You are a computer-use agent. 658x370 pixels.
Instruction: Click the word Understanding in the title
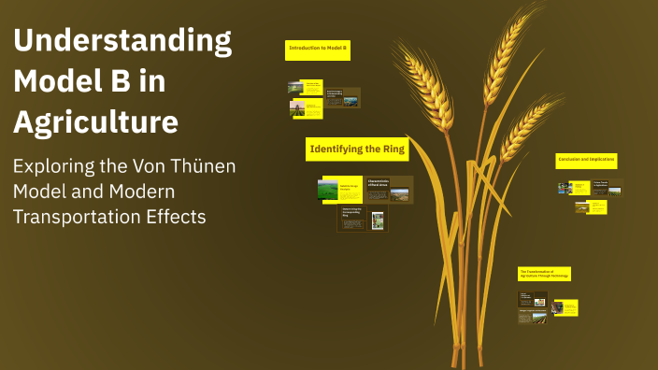122,41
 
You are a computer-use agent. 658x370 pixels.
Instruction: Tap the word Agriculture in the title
95,121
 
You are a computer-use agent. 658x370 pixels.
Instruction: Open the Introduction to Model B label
318,49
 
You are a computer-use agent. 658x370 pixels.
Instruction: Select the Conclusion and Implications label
586,161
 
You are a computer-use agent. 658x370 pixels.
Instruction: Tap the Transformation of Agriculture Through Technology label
544,273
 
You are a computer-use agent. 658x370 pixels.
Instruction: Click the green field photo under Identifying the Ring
328,190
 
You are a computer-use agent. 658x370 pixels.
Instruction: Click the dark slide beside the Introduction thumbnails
342,97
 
